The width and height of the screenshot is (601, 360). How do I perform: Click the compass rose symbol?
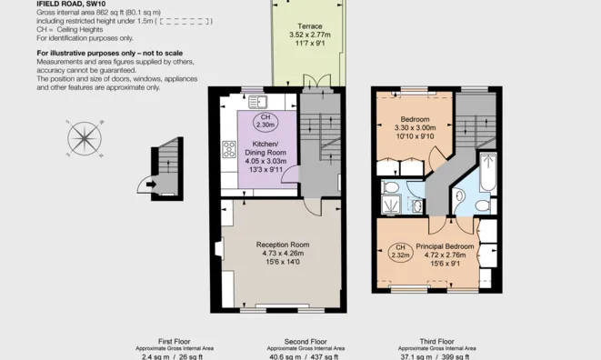point(85,138)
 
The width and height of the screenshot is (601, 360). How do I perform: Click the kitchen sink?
point(257,101)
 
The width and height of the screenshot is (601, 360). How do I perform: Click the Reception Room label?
point(282,245)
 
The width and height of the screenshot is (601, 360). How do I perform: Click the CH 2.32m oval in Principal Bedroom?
point(400,251)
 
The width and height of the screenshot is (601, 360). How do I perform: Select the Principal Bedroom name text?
point(445,246)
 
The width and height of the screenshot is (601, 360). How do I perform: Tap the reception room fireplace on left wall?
point(216,247)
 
